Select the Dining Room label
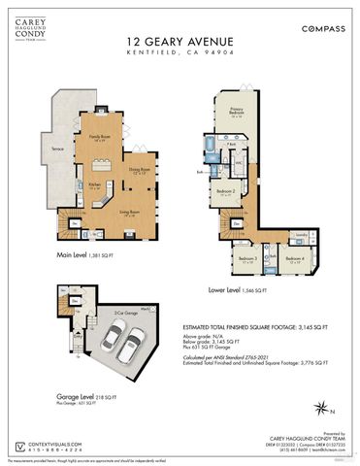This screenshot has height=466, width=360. [138, 170]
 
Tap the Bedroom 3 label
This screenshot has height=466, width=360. [246, 258]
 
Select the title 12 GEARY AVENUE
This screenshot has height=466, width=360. [180, 42]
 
